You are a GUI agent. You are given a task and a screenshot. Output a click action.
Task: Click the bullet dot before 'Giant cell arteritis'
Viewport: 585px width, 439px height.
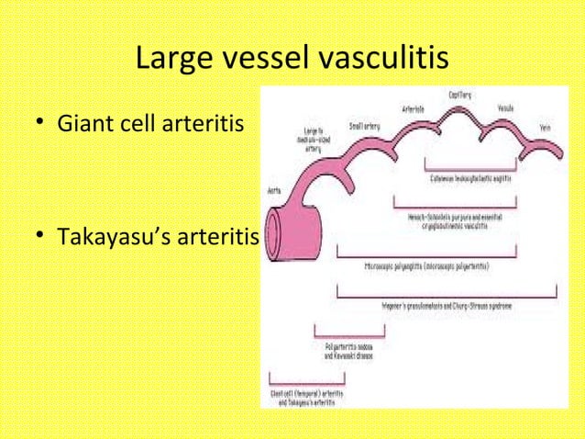click(42, 147)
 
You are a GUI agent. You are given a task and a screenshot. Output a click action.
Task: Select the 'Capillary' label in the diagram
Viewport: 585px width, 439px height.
click(460, 95)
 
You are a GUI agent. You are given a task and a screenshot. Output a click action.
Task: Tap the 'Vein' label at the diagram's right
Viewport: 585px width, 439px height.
click(546, 128)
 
